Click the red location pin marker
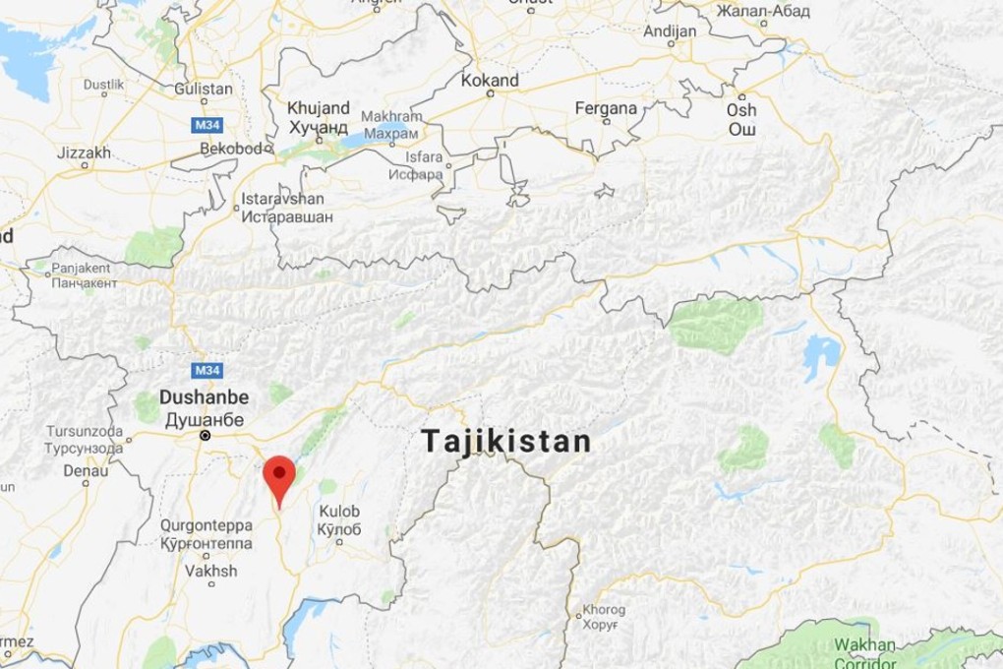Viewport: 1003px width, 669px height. [280, 475]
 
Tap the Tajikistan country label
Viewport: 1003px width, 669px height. [506, 442]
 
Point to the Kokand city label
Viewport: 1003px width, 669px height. [490, 81]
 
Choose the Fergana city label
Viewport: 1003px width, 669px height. [606, 108]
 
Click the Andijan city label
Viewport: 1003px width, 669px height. [670, 30]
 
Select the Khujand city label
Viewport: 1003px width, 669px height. [318, 108]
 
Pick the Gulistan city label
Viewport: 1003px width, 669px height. [204, 89]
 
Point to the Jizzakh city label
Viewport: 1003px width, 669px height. [85, 153]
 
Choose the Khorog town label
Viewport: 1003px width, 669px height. [604, 610]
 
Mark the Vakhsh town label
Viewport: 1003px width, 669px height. [210, 571]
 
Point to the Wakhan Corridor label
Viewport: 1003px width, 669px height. [864, 653]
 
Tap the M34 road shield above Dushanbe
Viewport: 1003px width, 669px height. [207, 370]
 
